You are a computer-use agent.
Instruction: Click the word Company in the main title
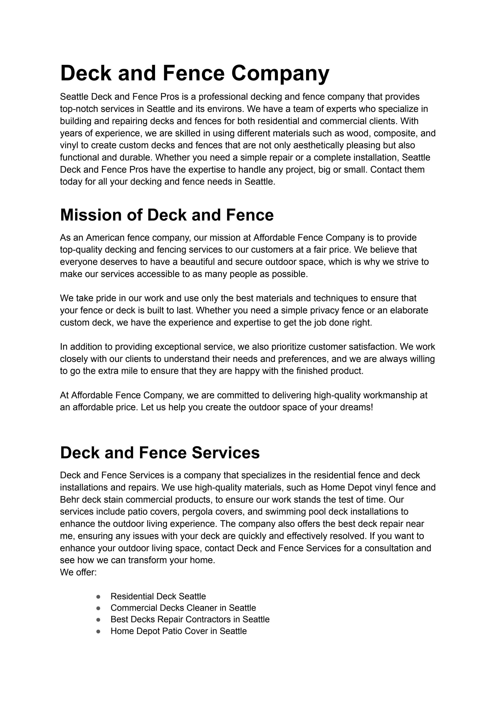(280, 73)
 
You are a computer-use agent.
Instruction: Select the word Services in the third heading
(226, 453)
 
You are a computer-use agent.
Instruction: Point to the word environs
(224, 109)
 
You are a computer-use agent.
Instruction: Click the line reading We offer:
(78, 572)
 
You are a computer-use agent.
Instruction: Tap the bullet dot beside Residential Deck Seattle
(98, 597)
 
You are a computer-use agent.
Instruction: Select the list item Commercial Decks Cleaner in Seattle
(183, 608)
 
